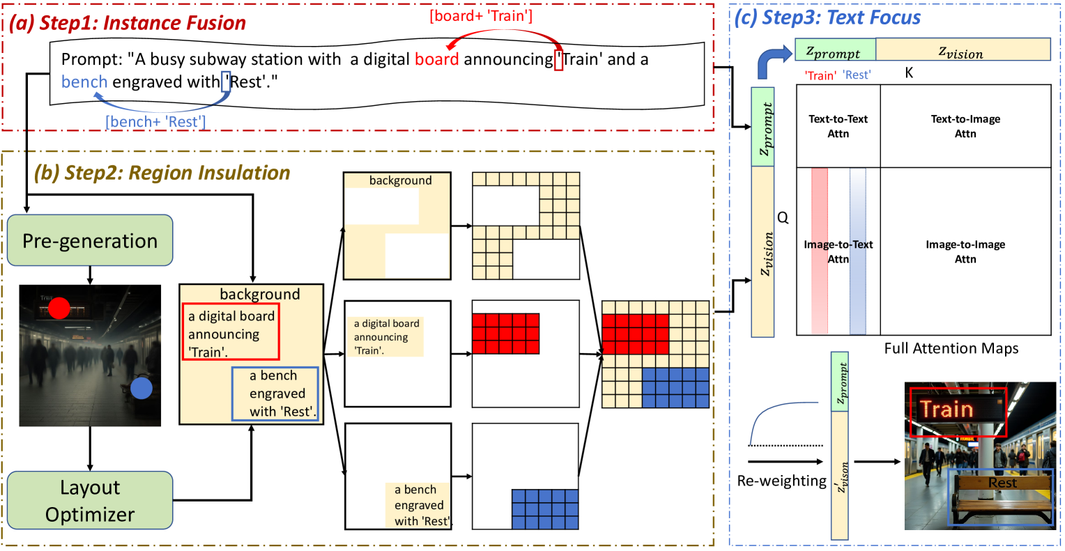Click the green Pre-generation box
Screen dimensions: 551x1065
pos(90,240)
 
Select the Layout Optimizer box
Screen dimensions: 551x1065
pos(90,500)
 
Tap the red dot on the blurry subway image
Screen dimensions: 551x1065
pos(59,307)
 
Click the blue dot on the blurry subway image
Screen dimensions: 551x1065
pos(141,389)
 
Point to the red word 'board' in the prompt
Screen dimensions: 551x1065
pos(436,59)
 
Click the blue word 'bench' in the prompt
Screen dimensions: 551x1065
pos(84,82)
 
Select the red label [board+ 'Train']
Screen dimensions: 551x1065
pos(481,15)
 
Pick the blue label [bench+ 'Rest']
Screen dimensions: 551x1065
pos(155,122)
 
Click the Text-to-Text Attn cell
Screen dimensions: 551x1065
pos(838,126)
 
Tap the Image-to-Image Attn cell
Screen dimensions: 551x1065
pos(965,251)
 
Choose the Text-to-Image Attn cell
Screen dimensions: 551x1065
pos(965,126)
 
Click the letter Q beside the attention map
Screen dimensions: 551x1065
pos(783,218)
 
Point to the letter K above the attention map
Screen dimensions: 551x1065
pos(909,72)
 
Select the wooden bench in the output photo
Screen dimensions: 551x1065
pos(1002,496)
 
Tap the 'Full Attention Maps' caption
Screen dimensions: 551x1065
pos(951,348)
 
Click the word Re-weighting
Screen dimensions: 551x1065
pos(781,481)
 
